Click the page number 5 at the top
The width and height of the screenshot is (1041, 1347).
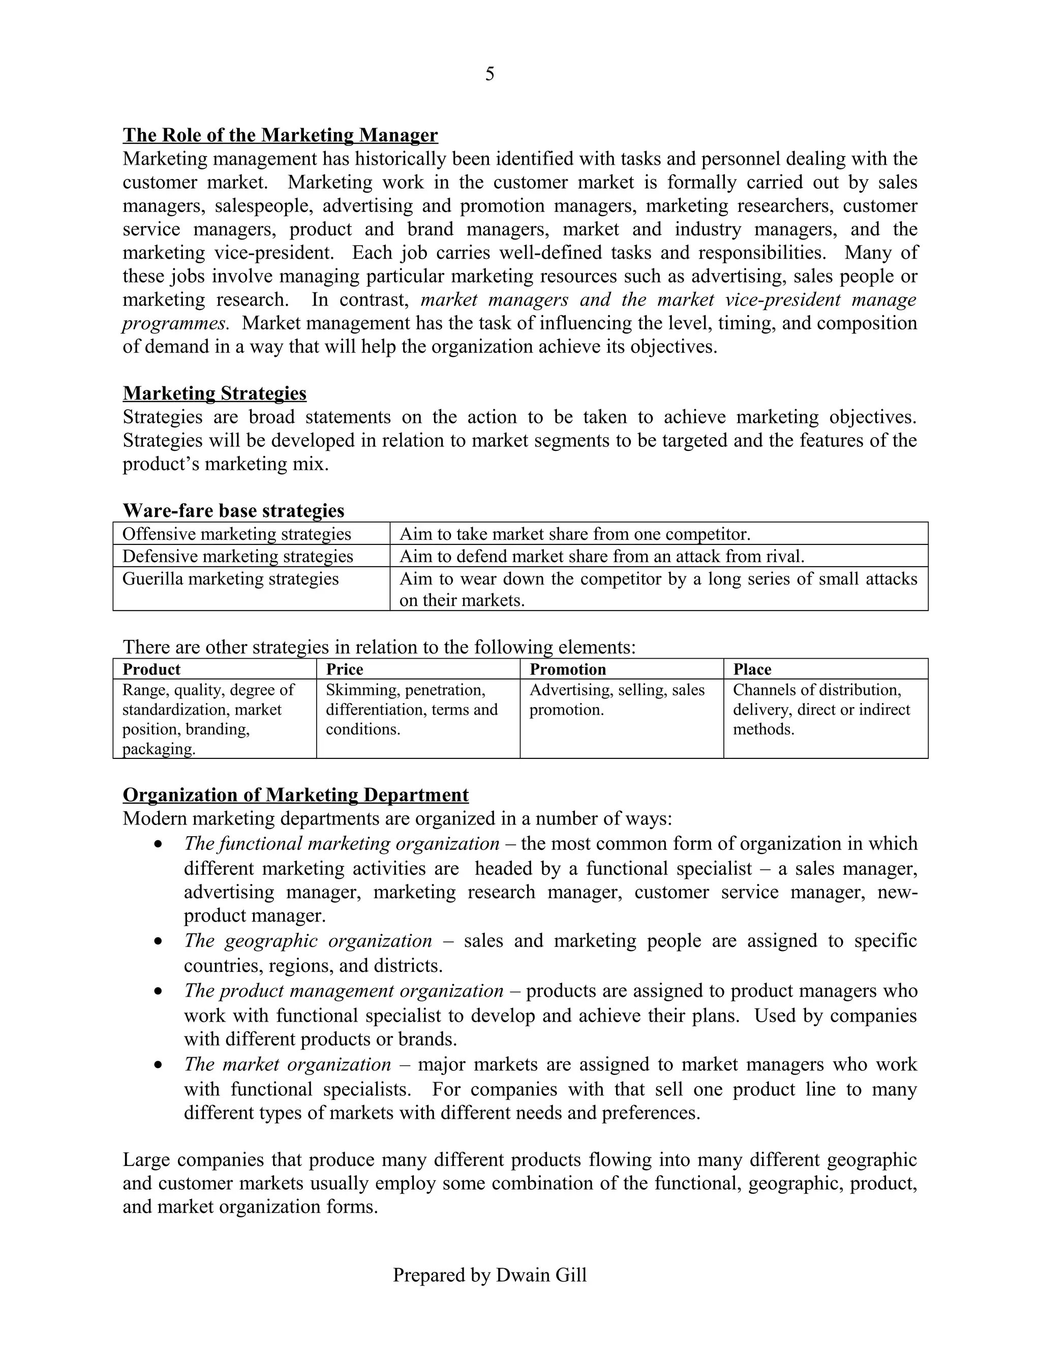(489, 75)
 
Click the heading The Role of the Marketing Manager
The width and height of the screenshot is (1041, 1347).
(280, 135)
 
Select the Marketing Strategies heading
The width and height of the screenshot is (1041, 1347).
(214, 393)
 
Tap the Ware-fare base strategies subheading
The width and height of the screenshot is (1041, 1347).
(233, 511)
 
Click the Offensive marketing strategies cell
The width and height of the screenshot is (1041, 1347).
(236, 534)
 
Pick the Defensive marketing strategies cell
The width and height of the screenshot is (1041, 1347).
(237, 556)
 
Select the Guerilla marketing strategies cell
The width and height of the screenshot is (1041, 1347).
(230, 579)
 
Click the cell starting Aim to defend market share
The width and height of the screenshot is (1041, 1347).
(602, 556)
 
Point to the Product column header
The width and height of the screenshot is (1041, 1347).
(151, 669)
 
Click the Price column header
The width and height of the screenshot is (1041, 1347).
(344, 669)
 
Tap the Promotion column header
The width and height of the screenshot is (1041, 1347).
(567, 669)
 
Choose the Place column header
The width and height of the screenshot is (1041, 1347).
(752, 669)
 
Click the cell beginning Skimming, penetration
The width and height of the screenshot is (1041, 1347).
(411, 709)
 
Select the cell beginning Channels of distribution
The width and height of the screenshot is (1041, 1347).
(821, 709)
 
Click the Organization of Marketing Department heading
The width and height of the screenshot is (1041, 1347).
(295, 794)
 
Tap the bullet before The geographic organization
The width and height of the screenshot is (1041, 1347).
(159, 942)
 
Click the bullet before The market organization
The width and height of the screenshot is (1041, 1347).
(159, 1065)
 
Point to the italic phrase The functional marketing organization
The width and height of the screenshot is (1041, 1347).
(341, 844)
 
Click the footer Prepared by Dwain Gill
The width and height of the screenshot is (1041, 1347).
(489, 1275)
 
